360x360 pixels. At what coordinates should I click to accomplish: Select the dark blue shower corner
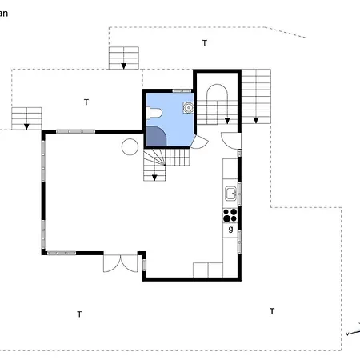(x=155, y=138)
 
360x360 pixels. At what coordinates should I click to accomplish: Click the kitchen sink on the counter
(x=230, y=193)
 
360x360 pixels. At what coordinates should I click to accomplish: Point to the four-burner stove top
(x=230, y=214)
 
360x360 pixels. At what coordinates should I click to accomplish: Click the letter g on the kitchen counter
(x=230, y=230)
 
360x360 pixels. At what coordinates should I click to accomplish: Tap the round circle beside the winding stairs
(x=129, y=146)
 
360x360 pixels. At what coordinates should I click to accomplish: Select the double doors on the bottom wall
(x=121, y=262)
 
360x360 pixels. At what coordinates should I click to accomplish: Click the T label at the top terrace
(x=204, y=42)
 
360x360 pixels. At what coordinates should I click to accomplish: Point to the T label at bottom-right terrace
(x=272, y=310)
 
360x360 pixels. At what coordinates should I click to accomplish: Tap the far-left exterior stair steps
(x=26, y=118)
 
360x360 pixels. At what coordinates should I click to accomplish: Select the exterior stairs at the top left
(x=124, y=58)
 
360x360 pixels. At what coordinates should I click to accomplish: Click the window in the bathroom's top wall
(x=182, y=91)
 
